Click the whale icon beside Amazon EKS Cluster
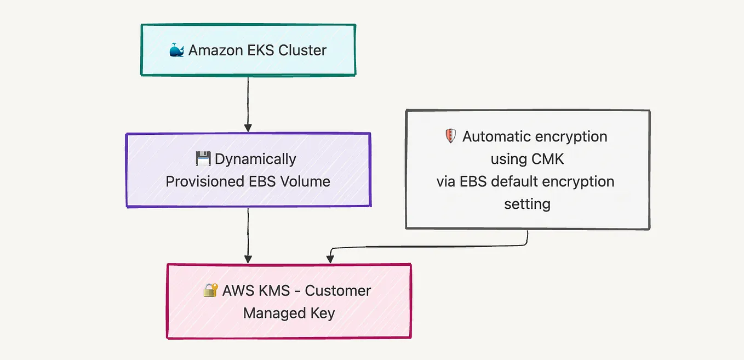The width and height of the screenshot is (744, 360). pos(176,50)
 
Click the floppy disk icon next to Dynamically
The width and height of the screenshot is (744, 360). pos(203,159)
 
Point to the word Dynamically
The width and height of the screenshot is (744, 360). pos(255,159)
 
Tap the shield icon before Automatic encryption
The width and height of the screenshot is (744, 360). pos(450,136)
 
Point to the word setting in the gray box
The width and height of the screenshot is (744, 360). pos(527,204)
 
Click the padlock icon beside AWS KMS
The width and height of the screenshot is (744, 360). pos(210,290)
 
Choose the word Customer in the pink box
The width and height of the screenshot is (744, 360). pos(337,290)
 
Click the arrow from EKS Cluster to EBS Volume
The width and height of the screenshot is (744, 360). pos(248,104)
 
